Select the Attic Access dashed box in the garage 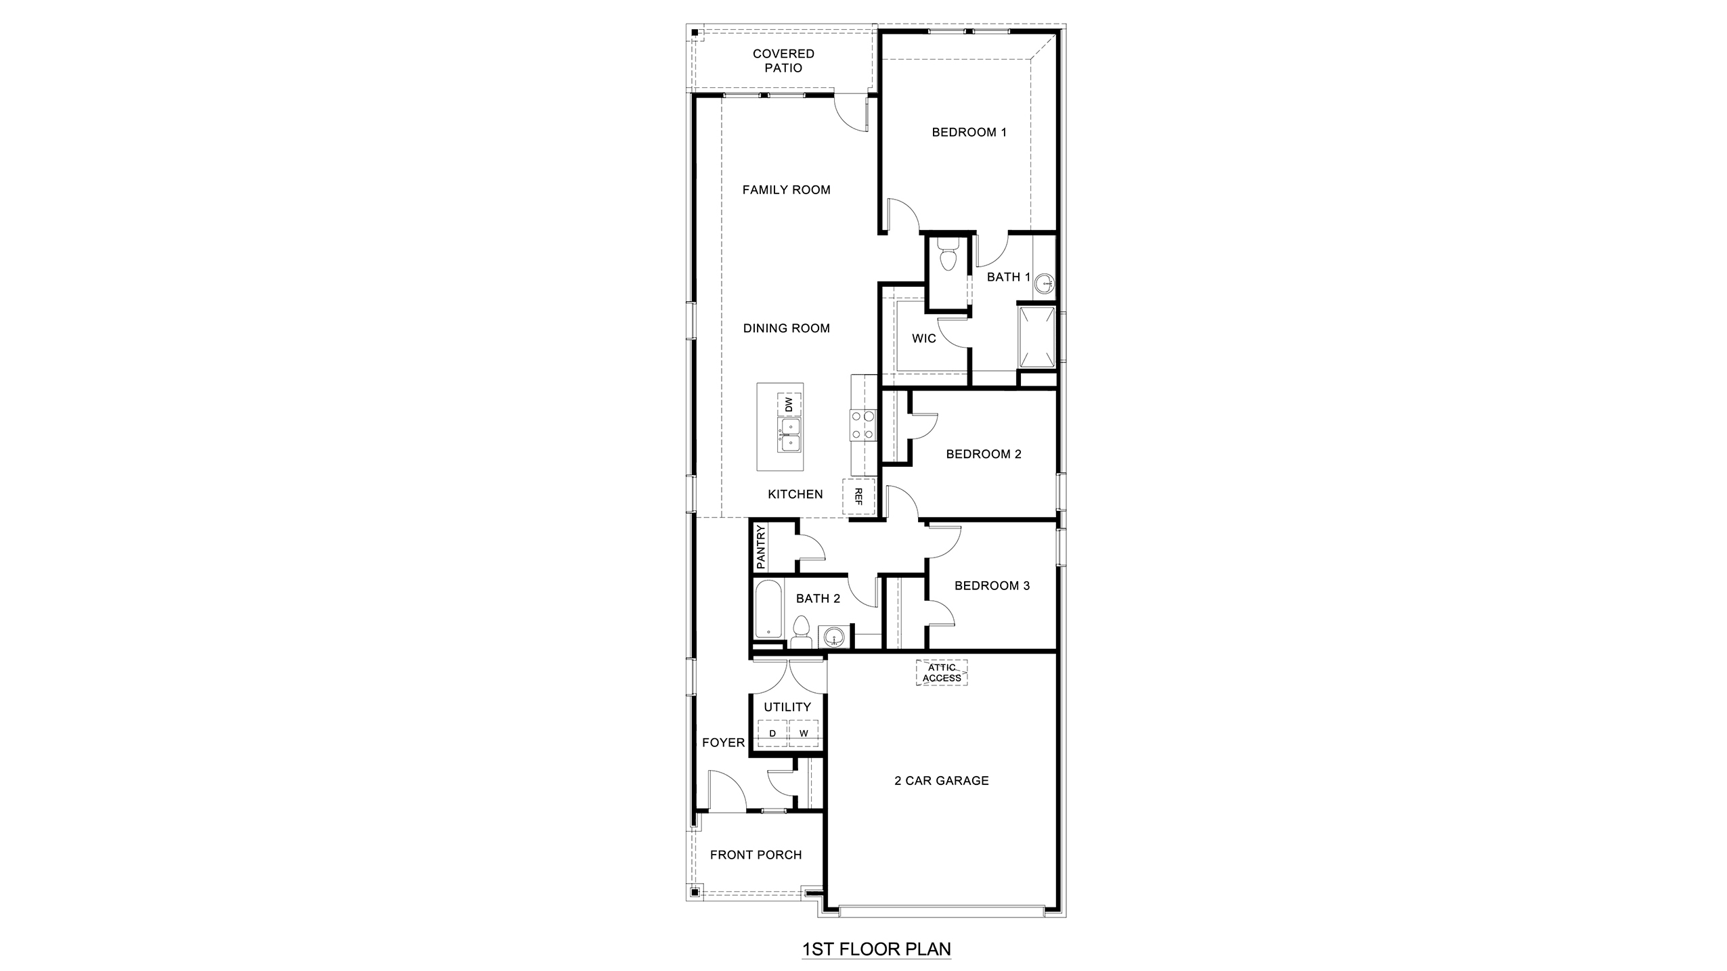(941, 673)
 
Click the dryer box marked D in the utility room (772, 733)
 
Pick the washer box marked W (804, 733)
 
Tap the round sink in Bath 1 (1045, 284)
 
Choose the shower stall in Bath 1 (1036, 338)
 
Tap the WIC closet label (923, 338)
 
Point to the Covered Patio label (783, 60)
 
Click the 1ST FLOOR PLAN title (876, 949)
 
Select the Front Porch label (756, 855)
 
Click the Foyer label (723, 742)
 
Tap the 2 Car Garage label (941, 780)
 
